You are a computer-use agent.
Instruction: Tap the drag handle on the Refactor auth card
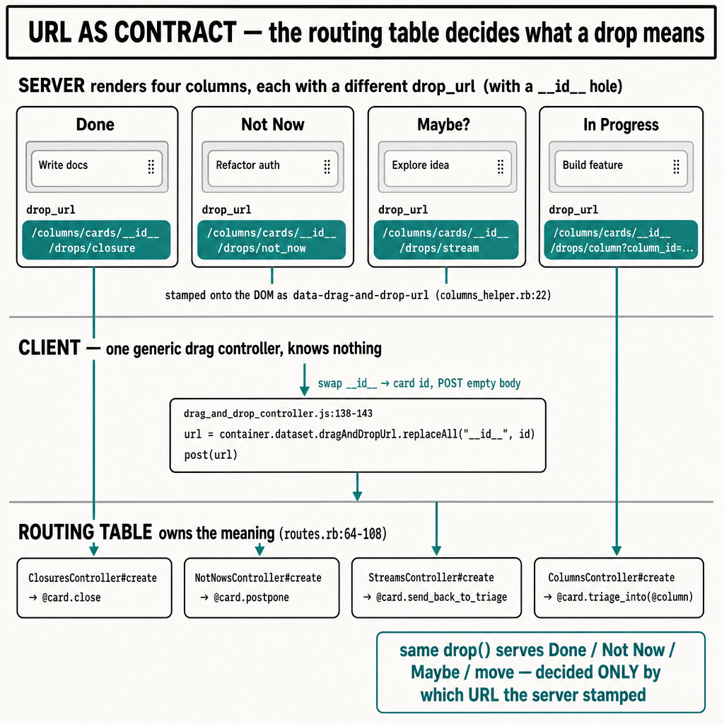coord(327,167)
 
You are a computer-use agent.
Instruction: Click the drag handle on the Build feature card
coord(676,167)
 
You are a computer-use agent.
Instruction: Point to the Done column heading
coord(95,124)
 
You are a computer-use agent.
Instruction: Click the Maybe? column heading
coord(443,124)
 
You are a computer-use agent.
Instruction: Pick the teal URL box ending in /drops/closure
coord(96,240)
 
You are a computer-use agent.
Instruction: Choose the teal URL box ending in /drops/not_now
coord(271,240)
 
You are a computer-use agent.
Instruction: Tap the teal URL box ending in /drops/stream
coord(446,240)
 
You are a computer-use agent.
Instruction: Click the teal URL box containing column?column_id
coord(621,240)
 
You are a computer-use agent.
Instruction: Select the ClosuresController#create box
coord(94,588)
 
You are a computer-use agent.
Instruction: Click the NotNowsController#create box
coord(262,588)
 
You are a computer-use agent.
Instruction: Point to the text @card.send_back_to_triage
coord(441,597)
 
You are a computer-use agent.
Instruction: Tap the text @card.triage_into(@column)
coord(625,597)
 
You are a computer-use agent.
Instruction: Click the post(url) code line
coord(211,455)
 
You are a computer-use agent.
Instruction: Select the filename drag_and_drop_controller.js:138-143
coord(278,413)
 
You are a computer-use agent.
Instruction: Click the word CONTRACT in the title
coord(175,33)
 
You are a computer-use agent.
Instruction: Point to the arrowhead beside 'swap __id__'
coord(304,390)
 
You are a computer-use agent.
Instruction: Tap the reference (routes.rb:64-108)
coord(333,534)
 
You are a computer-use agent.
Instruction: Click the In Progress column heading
coord(621,124)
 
